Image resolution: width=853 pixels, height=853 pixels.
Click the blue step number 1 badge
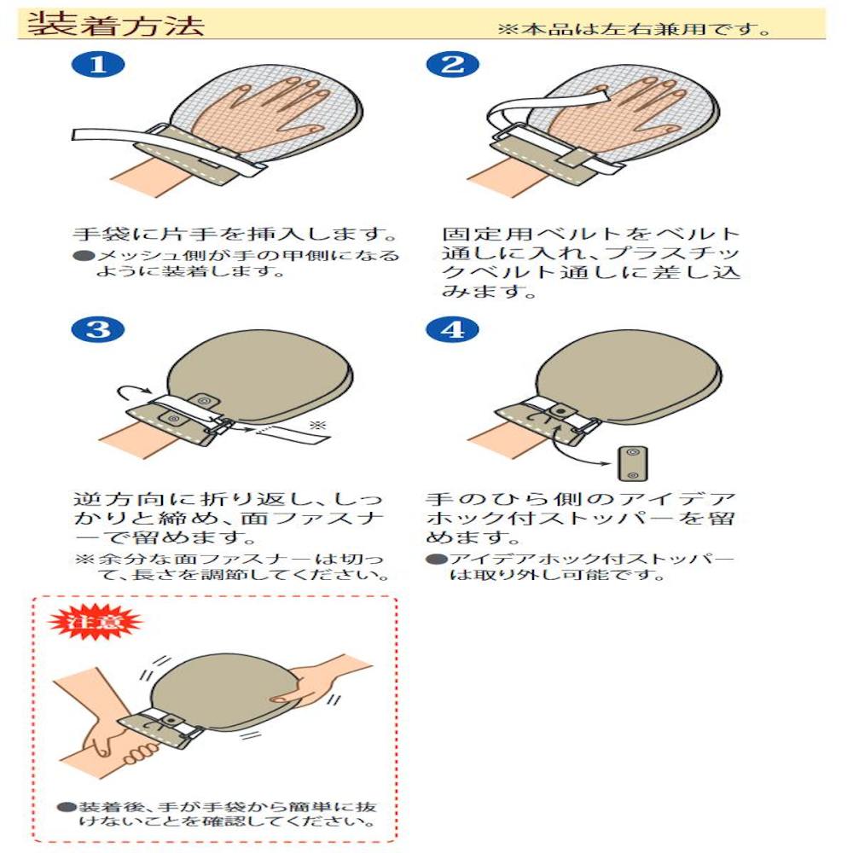coord(98,64)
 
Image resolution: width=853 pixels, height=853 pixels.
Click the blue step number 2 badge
coord(453,64)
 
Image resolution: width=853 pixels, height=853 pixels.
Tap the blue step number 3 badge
coord(98,329)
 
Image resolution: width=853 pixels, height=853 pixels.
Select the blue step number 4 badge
coord(453,329)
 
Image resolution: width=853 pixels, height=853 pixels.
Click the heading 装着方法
coord(116,25)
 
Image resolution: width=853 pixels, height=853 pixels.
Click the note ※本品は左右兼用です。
coord(635,28)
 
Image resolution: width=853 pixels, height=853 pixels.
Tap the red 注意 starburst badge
coord(95,621)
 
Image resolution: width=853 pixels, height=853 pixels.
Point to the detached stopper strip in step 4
coord(633,463)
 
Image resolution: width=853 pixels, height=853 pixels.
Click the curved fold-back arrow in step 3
coord(135,388)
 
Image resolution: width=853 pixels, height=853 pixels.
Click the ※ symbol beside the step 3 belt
coord(317,425)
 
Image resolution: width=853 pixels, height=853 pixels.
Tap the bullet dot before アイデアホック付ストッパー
coord(436,559)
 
